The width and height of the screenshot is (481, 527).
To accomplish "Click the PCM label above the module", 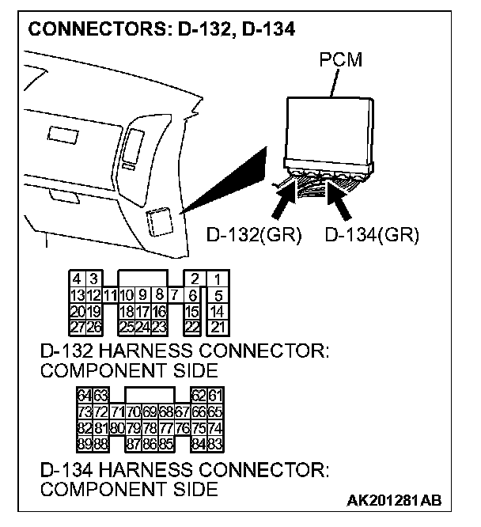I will pyautogui.click(x=342, y=60).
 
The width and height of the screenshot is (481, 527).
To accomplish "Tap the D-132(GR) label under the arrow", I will pyautogui.click(x=254, y=235).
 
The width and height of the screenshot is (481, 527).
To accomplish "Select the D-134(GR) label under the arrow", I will pyautogui.click(x=372, y=235).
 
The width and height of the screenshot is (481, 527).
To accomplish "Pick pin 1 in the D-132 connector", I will pyautogui.click(x=217, y=279).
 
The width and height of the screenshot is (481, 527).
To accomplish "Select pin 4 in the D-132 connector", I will pyautogui.click(x=78, y=279).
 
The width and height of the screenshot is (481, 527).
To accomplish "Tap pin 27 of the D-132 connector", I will pyautogui.click(x=78, y=326).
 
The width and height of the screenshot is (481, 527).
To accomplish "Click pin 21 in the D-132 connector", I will pyautogui.click(x=217, y=326).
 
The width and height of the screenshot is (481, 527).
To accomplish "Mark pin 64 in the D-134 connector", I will pyautogui.click(x=84, y=394).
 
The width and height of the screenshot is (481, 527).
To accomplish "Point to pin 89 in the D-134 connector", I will pyautogui.click(x=84, y=442).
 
